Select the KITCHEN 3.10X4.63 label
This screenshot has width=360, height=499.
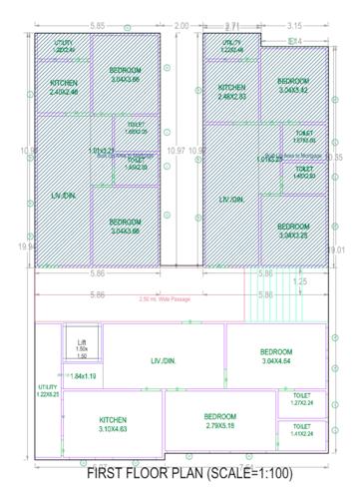120,424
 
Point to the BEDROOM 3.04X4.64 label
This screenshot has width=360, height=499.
275,356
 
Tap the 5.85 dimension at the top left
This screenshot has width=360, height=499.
97,24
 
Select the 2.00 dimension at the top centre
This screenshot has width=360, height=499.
180,24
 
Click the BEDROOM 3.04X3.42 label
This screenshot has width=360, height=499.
292,86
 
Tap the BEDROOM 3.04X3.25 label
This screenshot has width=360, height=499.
292,231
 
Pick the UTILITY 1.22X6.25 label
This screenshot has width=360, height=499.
48,390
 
